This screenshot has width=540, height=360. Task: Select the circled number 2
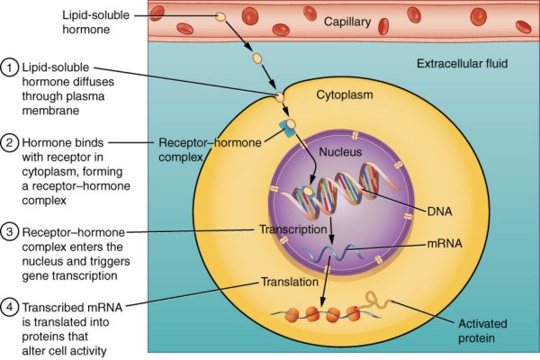tap(11, 142)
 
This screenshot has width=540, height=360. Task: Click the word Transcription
tap(292, 229)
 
